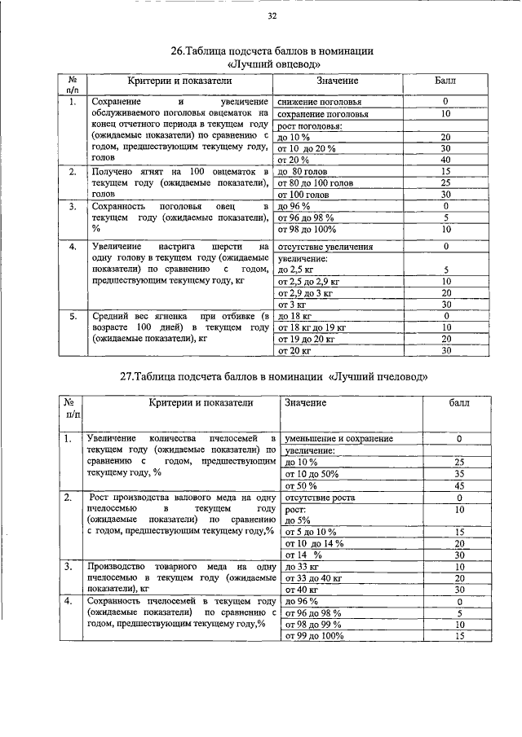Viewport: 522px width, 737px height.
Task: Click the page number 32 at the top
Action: pos(272,16)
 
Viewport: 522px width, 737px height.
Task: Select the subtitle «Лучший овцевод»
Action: pos(272,64)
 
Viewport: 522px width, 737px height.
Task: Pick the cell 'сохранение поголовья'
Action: pos(323,115)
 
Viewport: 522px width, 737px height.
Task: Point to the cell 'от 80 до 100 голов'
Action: pos(315,184)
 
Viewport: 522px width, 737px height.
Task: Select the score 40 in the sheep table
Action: pos(446,160)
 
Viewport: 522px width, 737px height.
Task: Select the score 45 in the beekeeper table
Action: pos(459,485)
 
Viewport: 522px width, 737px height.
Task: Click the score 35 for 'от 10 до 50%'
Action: pos(459,473)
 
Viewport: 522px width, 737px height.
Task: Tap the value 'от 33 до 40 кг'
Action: pos(310,578)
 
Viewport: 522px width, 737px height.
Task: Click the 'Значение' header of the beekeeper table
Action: pos(305,403)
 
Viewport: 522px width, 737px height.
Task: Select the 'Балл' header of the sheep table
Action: pos(446,82)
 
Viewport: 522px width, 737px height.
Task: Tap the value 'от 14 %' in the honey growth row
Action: pos(302,555)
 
